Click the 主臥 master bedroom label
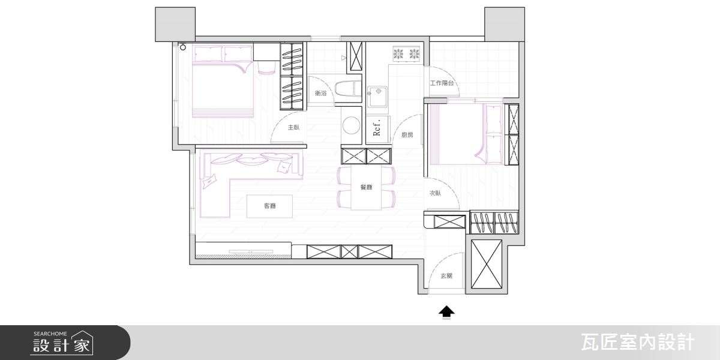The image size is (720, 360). pos(293,128)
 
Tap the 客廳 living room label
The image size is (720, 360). pos(269,206)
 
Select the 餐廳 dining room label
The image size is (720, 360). pos(366,187)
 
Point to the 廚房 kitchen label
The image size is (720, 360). pos(407,135)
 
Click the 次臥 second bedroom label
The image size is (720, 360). pos(435,193)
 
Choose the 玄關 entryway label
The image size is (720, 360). pos(446,276)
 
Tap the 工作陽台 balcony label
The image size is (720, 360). pos(442,83)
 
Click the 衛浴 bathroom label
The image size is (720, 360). pos(321,93)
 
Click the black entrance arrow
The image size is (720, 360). pos(447,313)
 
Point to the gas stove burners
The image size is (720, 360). pos(407,53)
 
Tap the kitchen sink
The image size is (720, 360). pos(377,97)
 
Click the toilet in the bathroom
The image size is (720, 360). pos(348,88)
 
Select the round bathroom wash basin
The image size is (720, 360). pos(352,125)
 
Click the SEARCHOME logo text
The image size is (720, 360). pos(50,334)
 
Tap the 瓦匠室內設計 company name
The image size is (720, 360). pos(638,343)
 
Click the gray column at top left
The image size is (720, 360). pos(175,25)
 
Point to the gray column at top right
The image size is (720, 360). pos(505,25)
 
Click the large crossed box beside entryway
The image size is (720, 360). pos(487,264)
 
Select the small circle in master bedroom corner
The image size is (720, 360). pos(183,47)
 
